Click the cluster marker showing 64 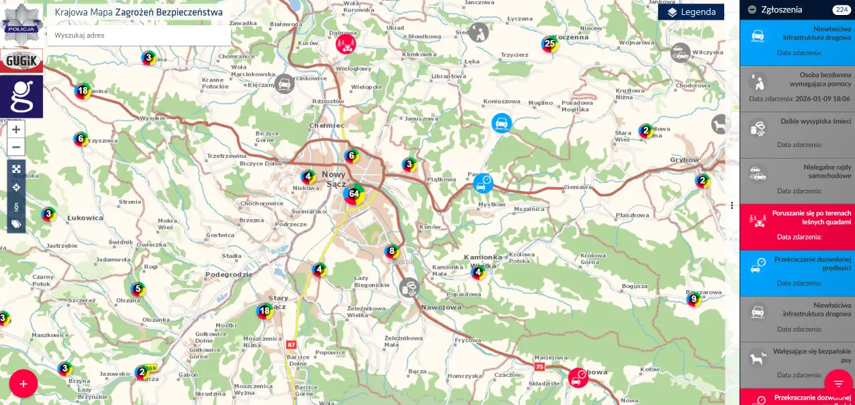click(354, 194)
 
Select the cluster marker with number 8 click(391, 251)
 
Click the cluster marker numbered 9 click(694, 299)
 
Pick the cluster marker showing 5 click(138, 289)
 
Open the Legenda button click(691, 12)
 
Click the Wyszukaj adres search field click(139, 35)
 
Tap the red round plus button click(23, 384)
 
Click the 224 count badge click(840, 10)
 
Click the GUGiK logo click(22, 61)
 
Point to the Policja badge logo click(22, 22)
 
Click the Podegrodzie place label click(229, 274)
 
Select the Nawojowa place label click(441, 307)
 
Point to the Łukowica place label click(85, 218)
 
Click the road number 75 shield click(540, 367)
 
